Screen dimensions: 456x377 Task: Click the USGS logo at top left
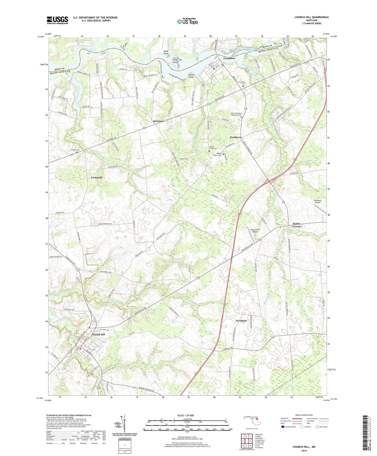coord(57,20)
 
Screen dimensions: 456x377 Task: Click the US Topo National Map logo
coord(187,21)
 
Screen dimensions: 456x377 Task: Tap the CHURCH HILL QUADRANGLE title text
coord(312,17)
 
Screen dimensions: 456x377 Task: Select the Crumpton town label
coord(229,58)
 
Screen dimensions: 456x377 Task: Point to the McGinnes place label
coord(158,121)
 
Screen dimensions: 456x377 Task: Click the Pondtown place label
coord(236,137)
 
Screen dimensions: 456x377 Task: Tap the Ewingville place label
coord(97,177)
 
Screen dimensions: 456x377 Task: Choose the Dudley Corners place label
coord(297,225)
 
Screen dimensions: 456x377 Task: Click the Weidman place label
coord(241,320)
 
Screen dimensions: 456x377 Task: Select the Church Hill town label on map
coord(98,335)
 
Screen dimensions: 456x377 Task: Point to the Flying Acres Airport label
coord(255,231)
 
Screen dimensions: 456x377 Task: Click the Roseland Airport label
coord(318,201)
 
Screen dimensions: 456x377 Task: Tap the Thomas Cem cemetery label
coord(75,150)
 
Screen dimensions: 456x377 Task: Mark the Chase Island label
coord(175,61)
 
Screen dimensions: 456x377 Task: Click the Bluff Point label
coord(166,52)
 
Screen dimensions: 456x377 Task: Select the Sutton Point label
coord(191,76)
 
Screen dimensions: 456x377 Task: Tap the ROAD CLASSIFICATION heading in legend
coord(304,415)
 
